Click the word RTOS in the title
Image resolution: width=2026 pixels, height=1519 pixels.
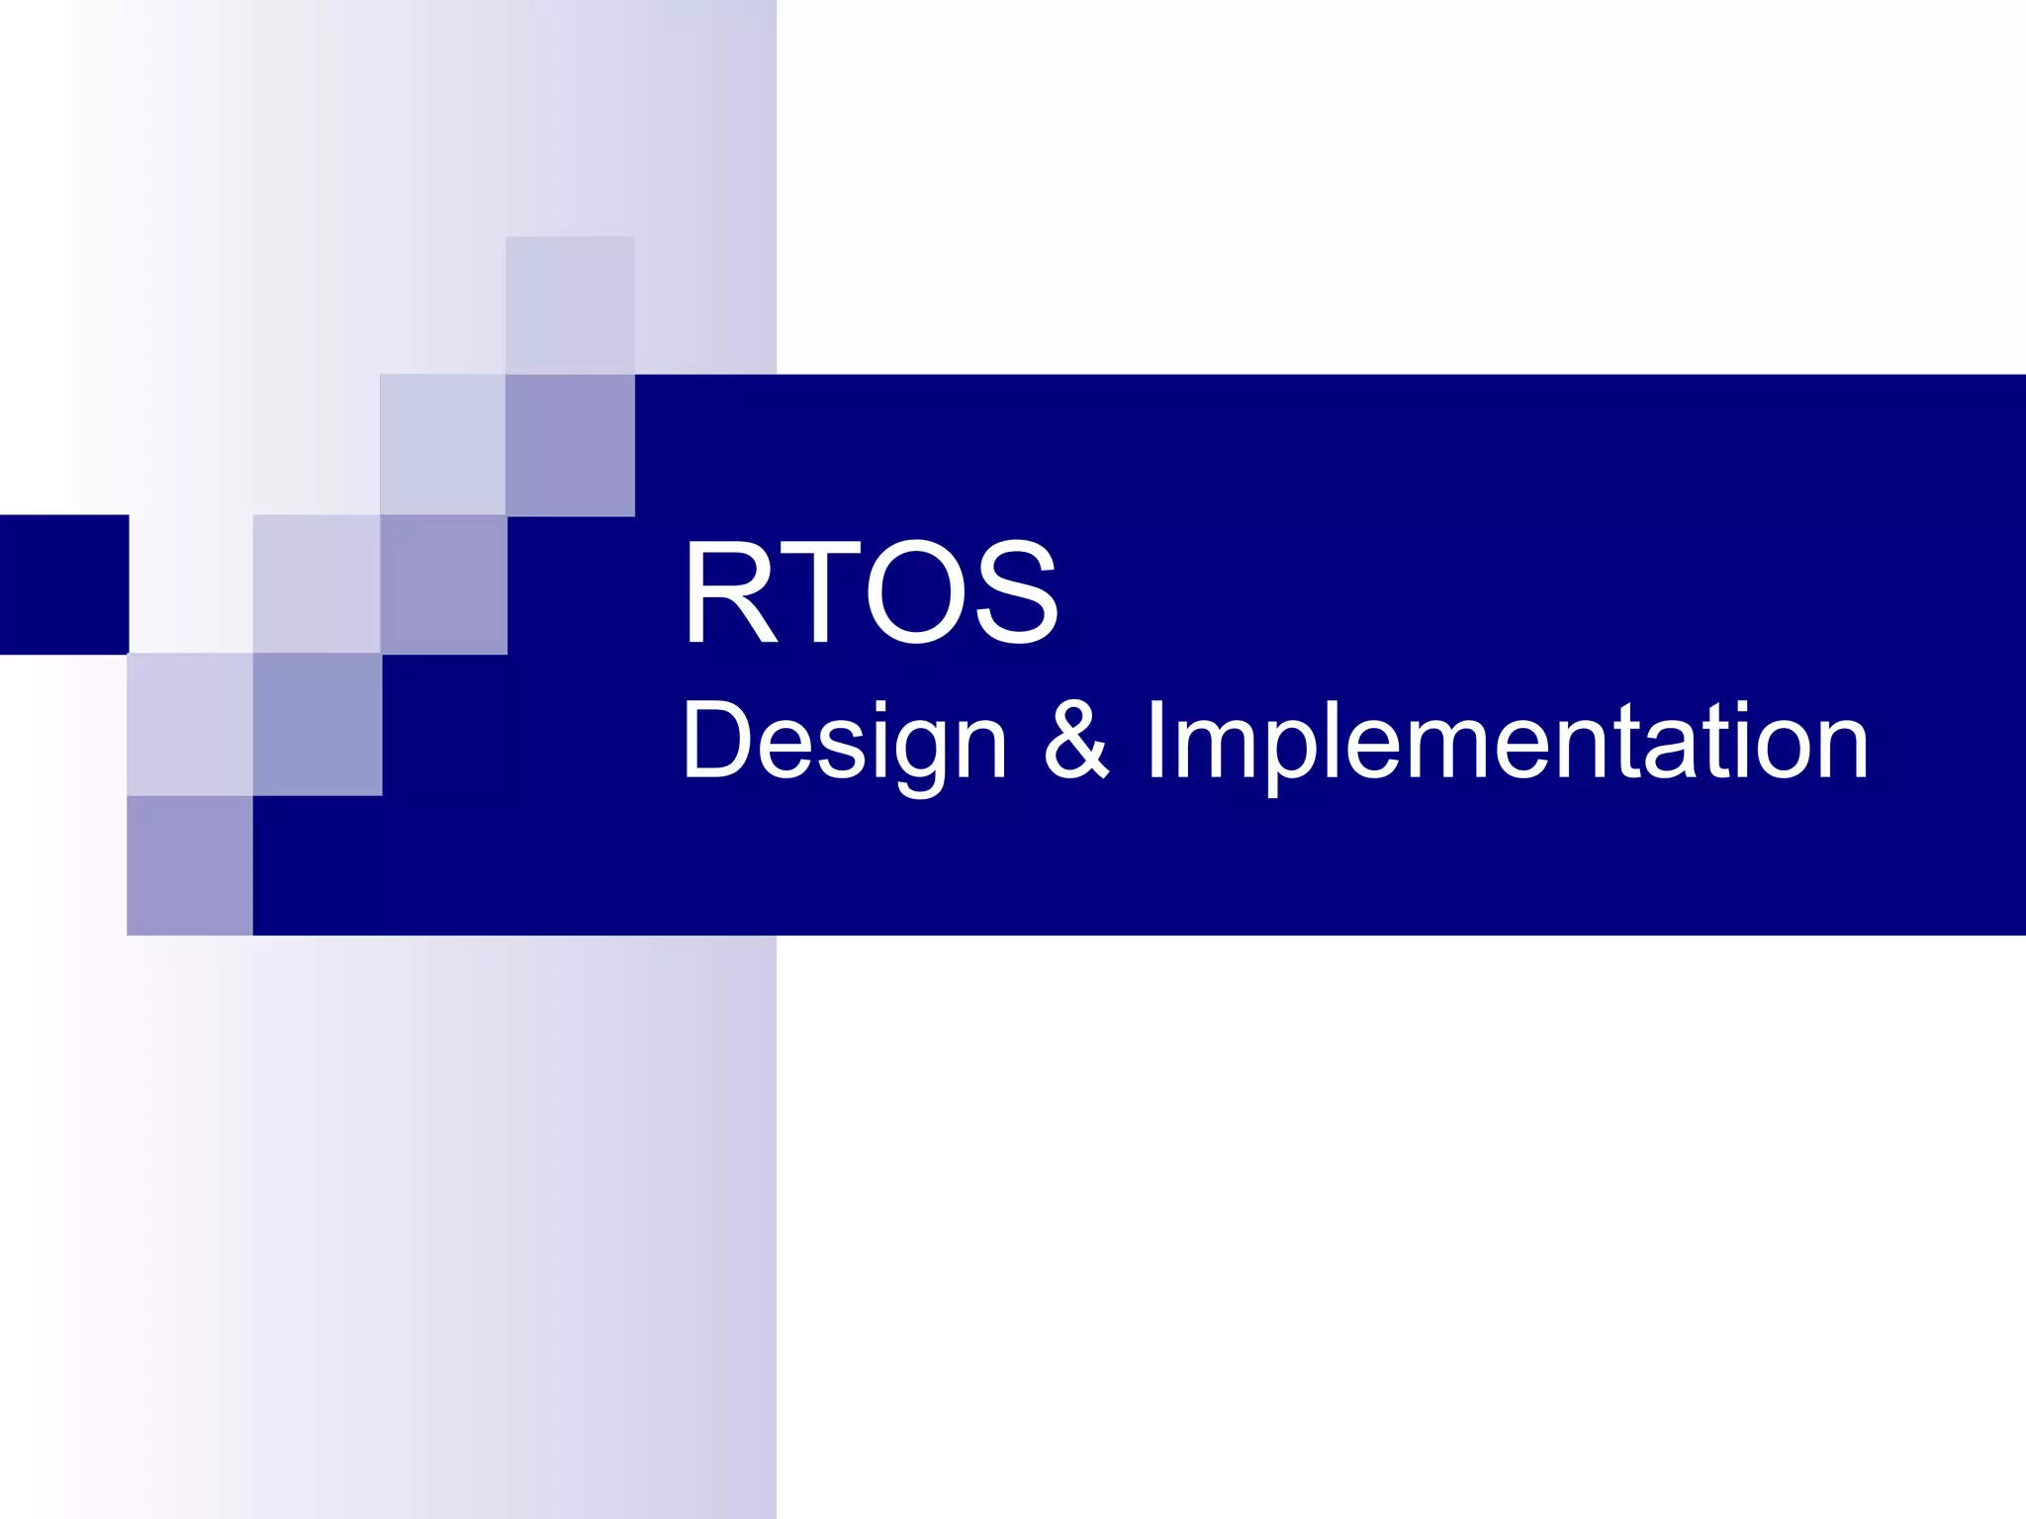point(871,592)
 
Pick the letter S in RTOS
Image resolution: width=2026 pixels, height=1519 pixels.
point(1016,592)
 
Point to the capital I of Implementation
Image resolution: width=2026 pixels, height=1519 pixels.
point(1155,740)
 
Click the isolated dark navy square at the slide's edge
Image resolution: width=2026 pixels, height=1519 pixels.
point(64,583)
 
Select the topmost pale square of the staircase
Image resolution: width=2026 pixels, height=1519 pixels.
point(570,305)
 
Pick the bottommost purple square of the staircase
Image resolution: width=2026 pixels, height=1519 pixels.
point(190,865)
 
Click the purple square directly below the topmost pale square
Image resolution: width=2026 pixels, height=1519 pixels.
point(570,445)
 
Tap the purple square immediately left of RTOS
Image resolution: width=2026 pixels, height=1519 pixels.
point(444,584)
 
